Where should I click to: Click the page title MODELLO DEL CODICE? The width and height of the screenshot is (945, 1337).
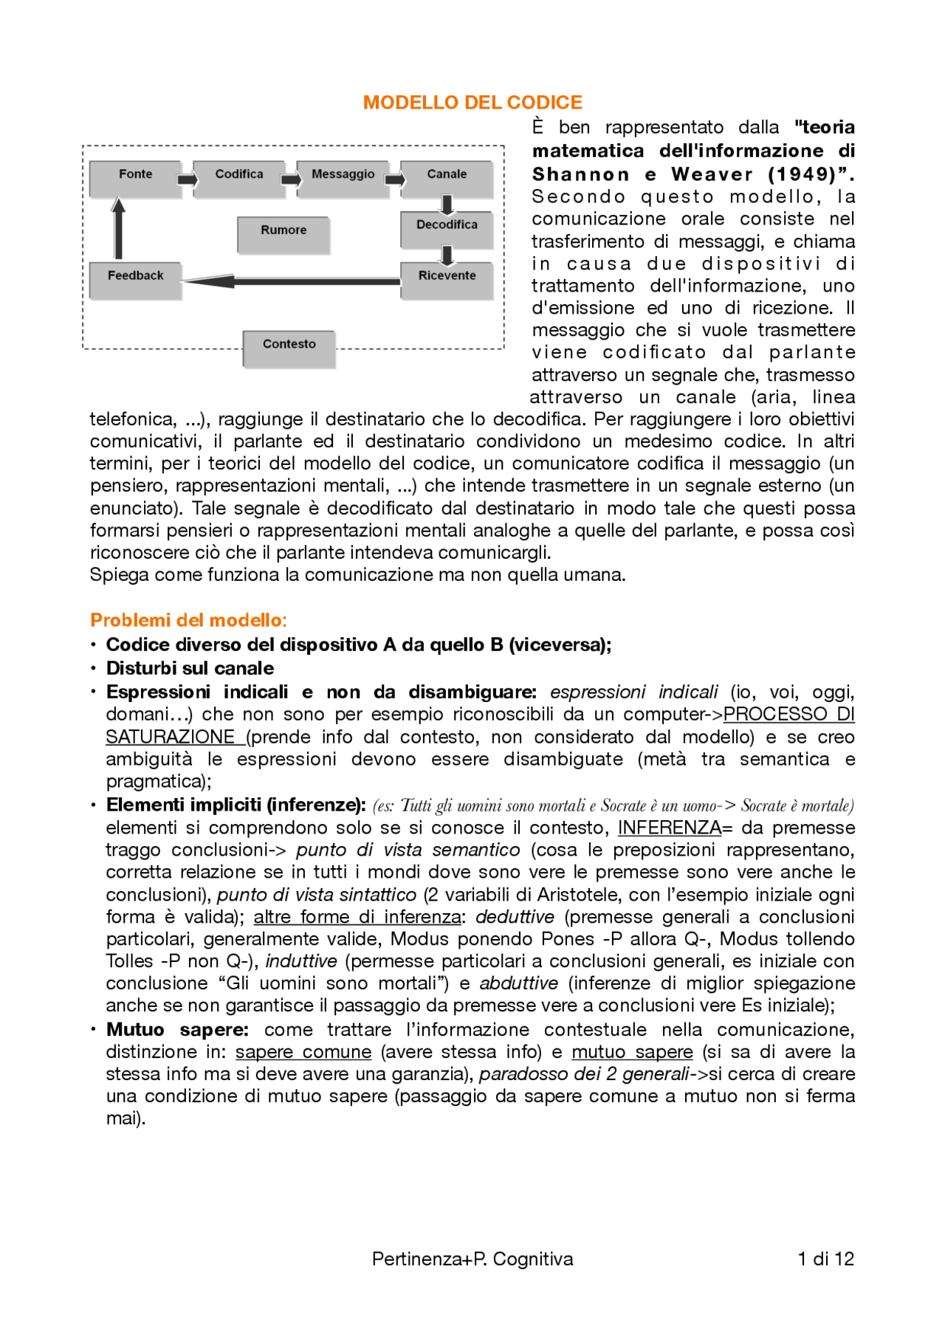pos(472,103)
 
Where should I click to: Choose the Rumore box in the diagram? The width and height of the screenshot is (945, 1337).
pos(283,234)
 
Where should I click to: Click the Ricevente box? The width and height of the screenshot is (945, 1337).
pos(447,280)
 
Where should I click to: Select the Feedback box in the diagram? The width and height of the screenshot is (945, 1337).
pos(135,280)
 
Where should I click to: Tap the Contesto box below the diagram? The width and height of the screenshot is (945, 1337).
pos(289,348)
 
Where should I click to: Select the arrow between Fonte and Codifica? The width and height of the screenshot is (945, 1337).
pos(188,179)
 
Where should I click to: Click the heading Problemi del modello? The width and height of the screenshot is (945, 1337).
pos(188,620)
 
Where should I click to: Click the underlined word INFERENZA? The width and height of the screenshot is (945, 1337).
pos(669,828)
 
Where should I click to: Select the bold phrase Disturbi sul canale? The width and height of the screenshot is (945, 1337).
pos(190,668)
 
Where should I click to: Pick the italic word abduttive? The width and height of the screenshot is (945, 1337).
pos(518,983)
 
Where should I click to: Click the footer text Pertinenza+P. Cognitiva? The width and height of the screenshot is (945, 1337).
pos(472,1259)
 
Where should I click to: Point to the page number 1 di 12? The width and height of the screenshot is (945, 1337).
pos(825,1259)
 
